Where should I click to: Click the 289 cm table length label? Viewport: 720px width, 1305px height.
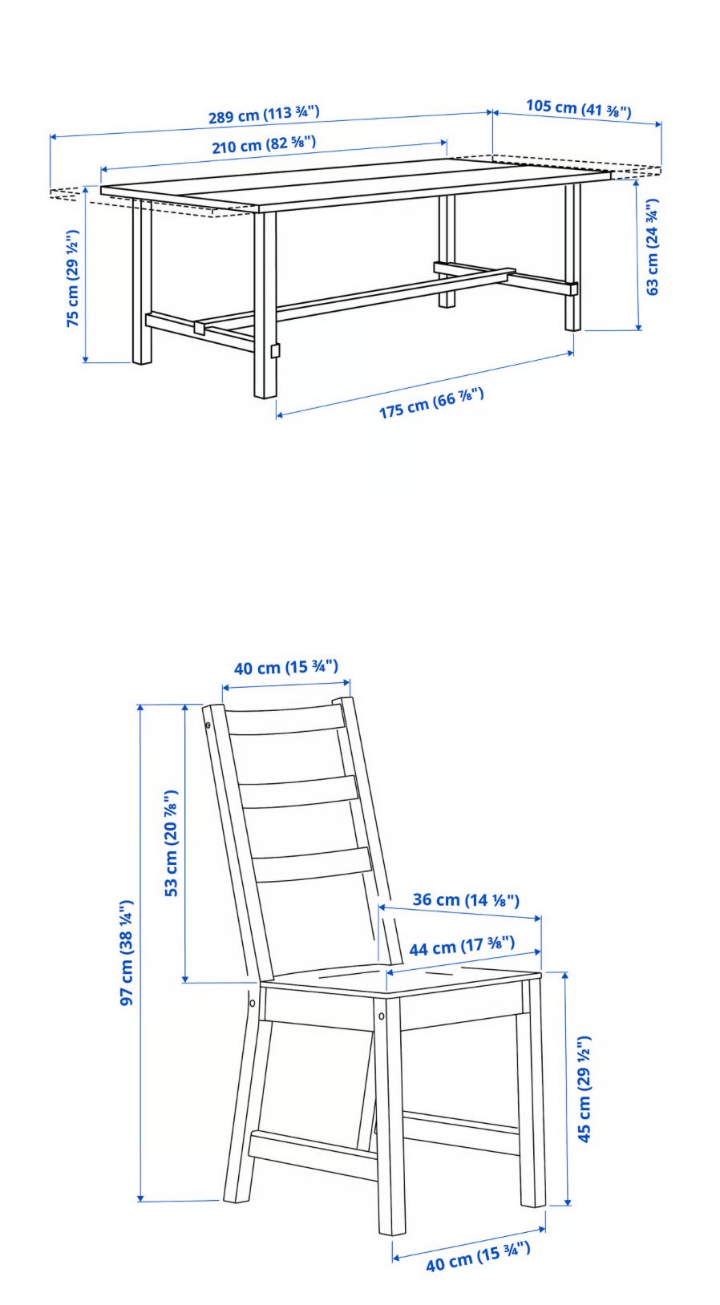tap(264, 114)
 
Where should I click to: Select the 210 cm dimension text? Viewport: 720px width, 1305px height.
tap(264, 144)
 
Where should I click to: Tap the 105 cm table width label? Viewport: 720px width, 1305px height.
tap(579, 107)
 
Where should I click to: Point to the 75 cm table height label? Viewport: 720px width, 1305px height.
tap(72, 278)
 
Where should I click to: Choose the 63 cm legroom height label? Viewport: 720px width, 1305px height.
tap(653, 246)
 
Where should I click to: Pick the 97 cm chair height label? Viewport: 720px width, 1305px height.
tap(127, 952)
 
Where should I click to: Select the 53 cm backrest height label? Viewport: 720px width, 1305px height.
tap(171, 843)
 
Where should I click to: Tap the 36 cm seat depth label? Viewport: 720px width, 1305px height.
tap(466, 899)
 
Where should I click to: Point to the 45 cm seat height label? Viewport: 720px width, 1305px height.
tap(584, 1089)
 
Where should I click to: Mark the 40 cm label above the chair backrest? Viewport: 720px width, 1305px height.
tap(286, 667)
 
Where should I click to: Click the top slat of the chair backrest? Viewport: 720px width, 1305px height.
tap(285, 721)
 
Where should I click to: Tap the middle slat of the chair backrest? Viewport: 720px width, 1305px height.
tap(298, 792)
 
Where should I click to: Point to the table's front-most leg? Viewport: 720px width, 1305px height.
tap(265, 305)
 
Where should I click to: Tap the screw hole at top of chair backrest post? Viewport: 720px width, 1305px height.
tap(208, 725)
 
